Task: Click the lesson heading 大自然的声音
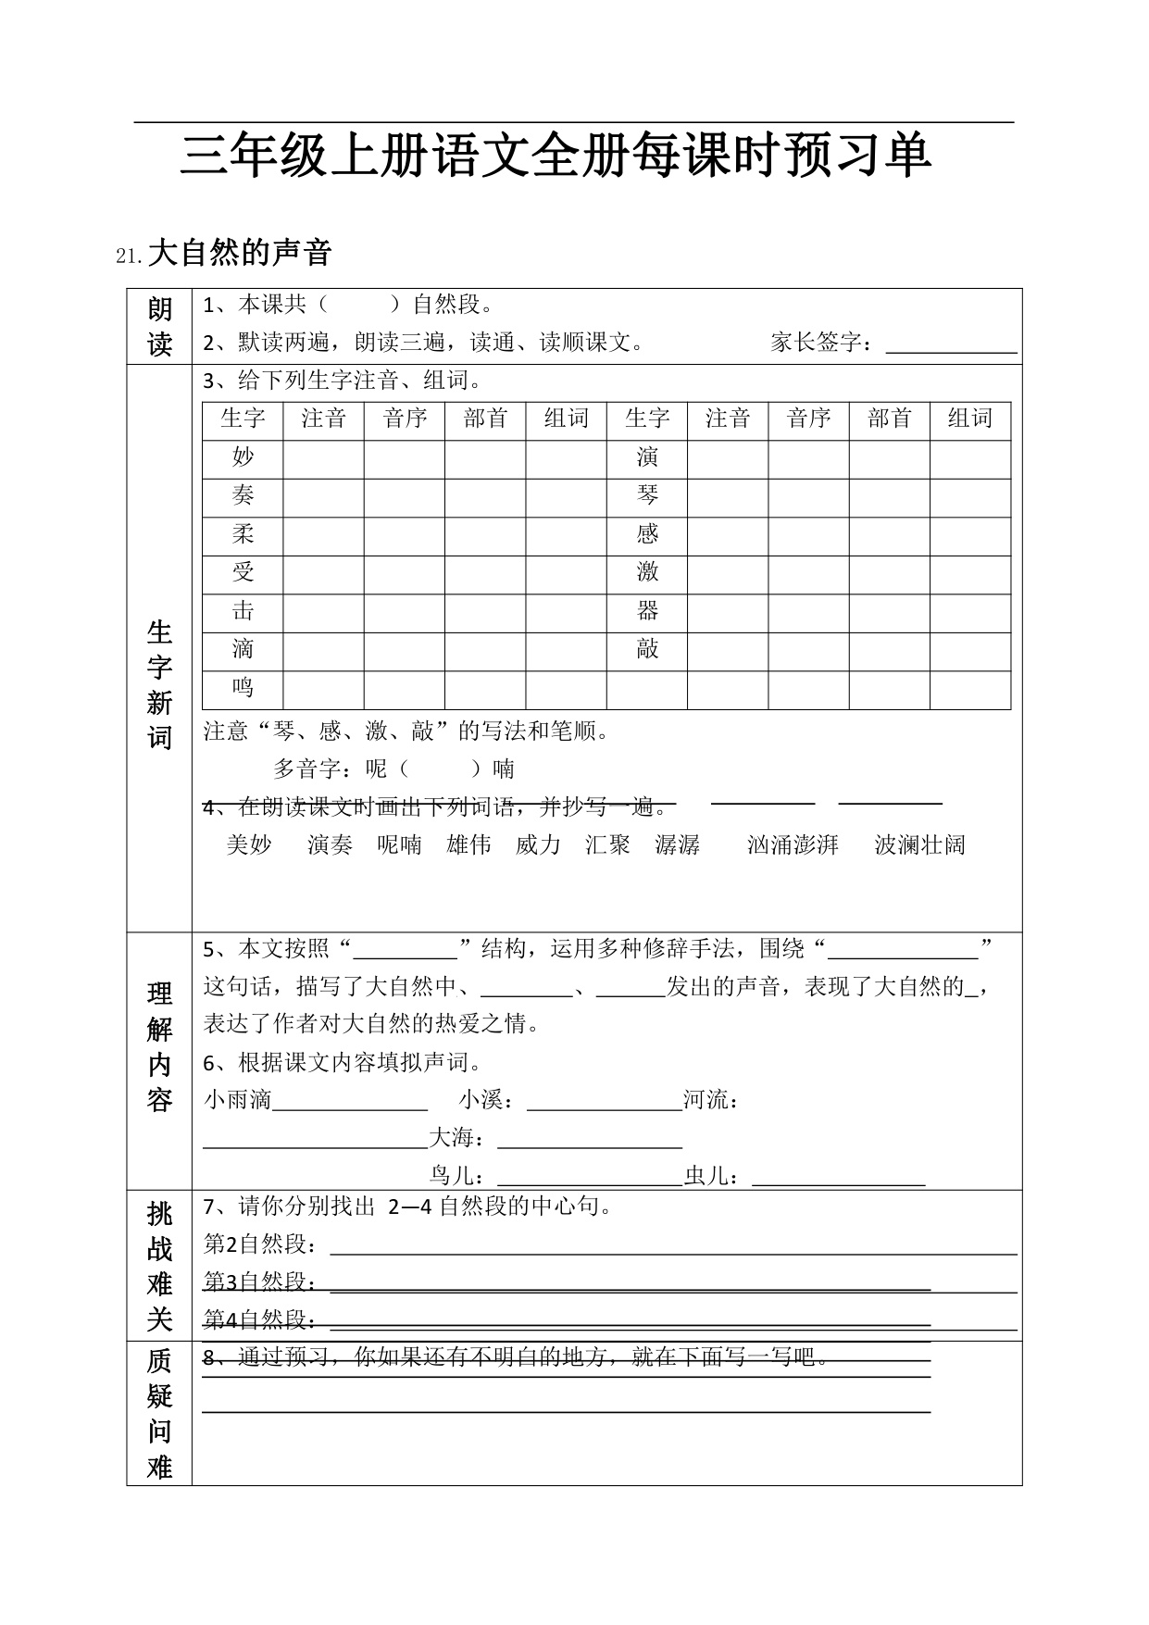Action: [239, 253]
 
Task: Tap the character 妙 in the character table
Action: [243, 456]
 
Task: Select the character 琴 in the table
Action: [647, 495]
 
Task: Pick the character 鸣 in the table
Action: [243, 688]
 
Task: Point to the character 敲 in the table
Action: [647, 649]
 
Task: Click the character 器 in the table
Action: [647, 611]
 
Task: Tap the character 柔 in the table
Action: [243, 533]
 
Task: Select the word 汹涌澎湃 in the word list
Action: [793, 844]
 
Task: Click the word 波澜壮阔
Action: [919, 844]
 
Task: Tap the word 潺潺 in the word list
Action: [677, 844]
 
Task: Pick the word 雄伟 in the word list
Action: [468, 844]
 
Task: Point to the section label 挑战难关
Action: [159, 1266]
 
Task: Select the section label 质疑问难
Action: [159, 1413]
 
